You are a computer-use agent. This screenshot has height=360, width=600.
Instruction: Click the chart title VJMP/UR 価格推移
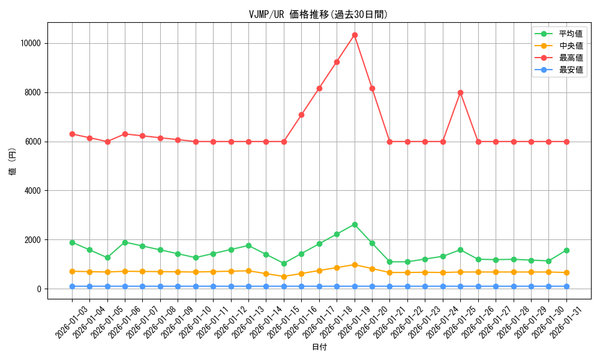coord(319,14)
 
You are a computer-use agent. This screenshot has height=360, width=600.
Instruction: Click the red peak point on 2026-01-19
coord(355,35)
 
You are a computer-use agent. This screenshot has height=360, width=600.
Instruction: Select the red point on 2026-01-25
coord(460,92)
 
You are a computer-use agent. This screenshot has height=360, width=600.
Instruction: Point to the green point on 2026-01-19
coord(355,224)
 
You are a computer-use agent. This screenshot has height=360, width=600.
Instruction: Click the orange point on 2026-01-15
coord(284,277)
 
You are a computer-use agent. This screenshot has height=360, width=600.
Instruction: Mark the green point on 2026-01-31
coord(566,250)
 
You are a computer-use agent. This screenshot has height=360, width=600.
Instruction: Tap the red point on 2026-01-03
coord(72,134)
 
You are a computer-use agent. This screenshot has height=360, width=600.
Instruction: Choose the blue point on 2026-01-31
coord(566,286)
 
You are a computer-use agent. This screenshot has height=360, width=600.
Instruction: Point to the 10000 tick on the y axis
coord(30,43)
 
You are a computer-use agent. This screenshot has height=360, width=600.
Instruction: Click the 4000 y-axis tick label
coord(32,191)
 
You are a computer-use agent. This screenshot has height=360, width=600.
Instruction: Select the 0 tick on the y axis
coord(38,289)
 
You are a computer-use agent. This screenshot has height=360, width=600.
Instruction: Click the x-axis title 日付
coord(319,347)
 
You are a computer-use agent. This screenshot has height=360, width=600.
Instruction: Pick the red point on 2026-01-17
coord(319,88)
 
